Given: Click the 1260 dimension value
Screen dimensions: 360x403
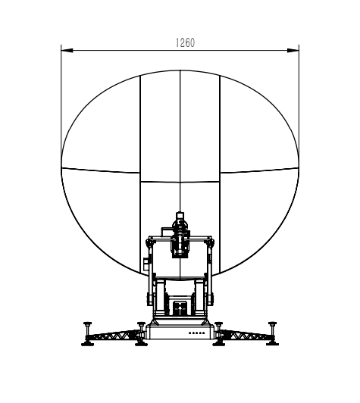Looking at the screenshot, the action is click(185, 42).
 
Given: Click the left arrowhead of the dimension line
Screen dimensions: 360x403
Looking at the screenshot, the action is click(67, 50).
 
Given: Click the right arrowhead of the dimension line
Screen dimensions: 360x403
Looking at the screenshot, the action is click(293, 50).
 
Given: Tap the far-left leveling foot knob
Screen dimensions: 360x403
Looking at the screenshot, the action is click(88, 324).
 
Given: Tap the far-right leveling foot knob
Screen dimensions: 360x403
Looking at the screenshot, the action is click(272, 324).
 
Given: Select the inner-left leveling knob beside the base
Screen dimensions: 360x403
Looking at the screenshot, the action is click(141, 324).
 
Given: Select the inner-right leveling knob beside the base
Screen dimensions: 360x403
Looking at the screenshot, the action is click(219, 324).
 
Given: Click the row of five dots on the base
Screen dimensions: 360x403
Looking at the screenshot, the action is click(197, 333).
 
